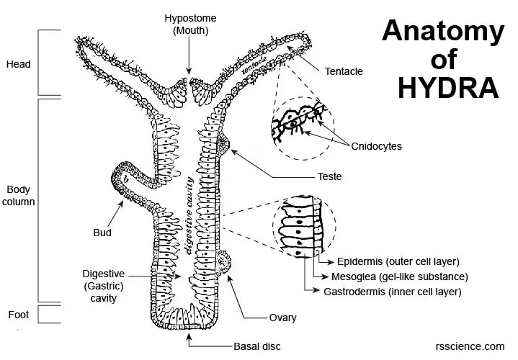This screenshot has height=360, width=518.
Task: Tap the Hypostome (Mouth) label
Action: pyautogui.click(x=189, y=23)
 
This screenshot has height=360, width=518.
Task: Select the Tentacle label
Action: pyautogui.click(x=344, y=71)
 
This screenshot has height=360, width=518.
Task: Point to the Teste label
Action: pyautogui.click(x=329, y=176)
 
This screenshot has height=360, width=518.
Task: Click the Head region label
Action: pyautogui.click(x=18, y=64)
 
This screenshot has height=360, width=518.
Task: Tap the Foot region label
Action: pyautogui.click(x=17, y=314)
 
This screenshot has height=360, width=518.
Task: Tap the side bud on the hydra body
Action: pyautogui.click(x=128, y=181)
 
